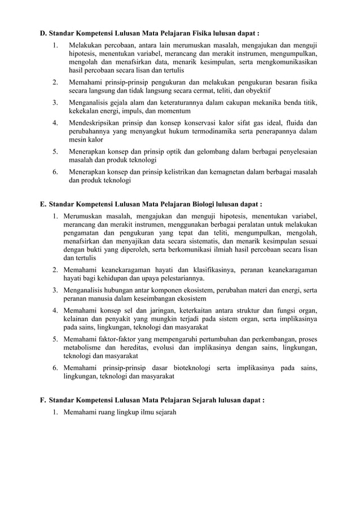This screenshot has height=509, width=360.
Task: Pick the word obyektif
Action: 270,90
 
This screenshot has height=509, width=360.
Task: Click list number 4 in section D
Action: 55,122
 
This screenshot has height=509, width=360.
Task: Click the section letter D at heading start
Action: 42,33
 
